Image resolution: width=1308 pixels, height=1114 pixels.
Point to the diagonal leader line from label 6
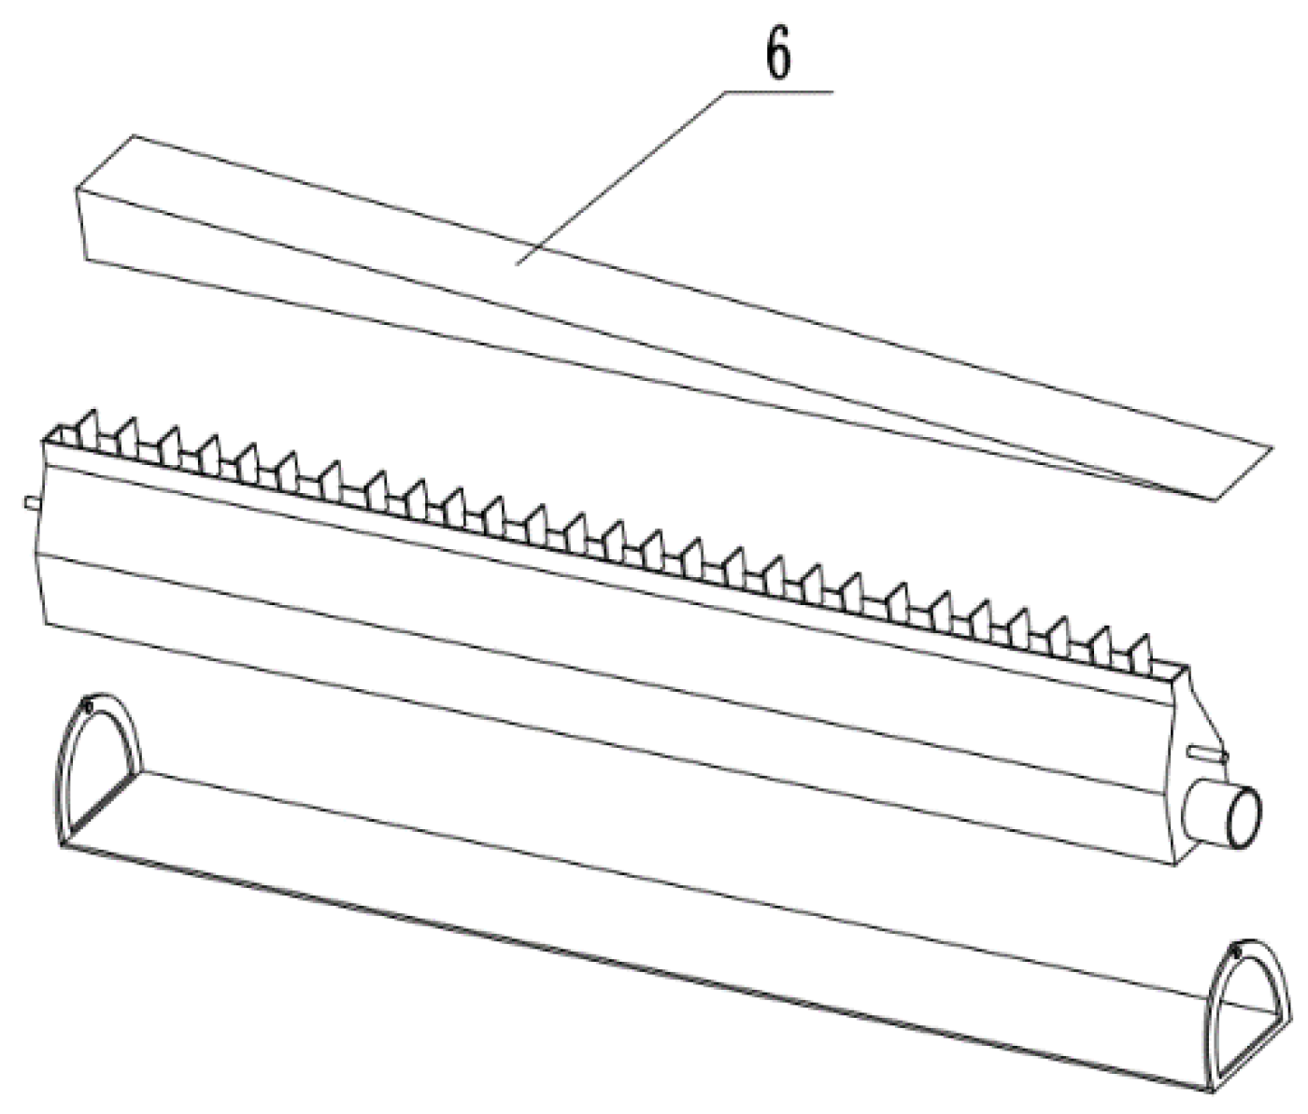[620, 178]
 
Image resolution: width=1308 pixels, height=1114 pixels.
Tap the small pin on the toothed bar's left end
[33, 502]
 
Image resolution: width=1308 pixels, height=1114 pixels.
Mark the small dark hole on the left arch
[89, 707]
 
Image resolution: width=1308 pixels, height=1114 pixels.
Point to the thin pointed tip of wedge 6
[1213, 499]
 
